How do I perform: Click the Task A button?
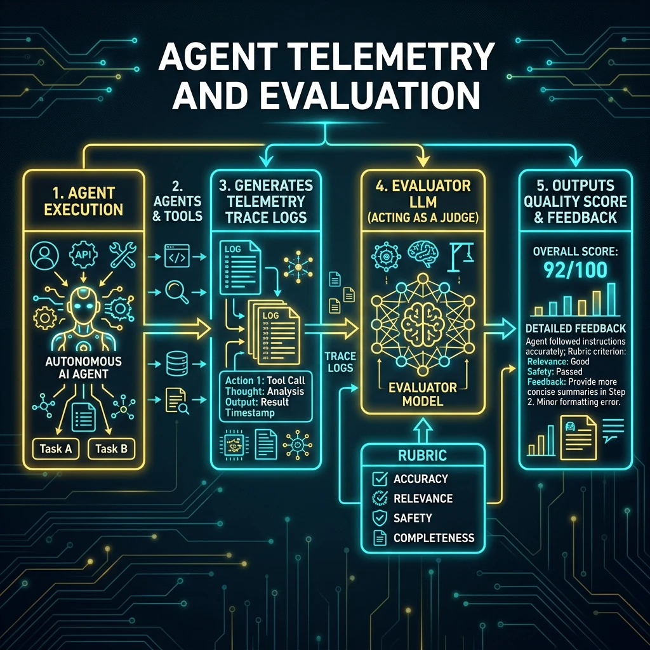coord(56,449)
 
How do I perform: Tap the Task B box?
coord(112,449)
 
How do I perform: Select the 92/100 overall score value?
coord(575,270)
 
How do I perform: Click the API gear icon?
coord(83,254)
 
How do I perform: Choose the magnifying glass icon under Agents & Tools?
coord(177,292)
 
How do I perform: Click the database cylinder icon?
coord(177,364)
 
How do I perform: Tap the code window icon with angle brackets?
coord(177,256)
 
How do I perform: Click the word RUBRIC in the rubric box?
coord(422,456)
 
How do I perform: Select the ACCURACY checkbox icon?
coord(380,479)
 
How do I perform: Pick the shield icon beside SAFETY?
coord(380,518)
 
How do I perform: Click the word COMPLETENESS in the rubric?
coord(434,538)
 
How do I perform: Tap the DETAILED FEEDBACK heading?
coord(575,329)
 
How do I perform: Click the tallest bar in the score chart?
coord(611,300)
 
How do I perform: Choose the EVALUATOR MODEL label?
coord(422,394)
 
